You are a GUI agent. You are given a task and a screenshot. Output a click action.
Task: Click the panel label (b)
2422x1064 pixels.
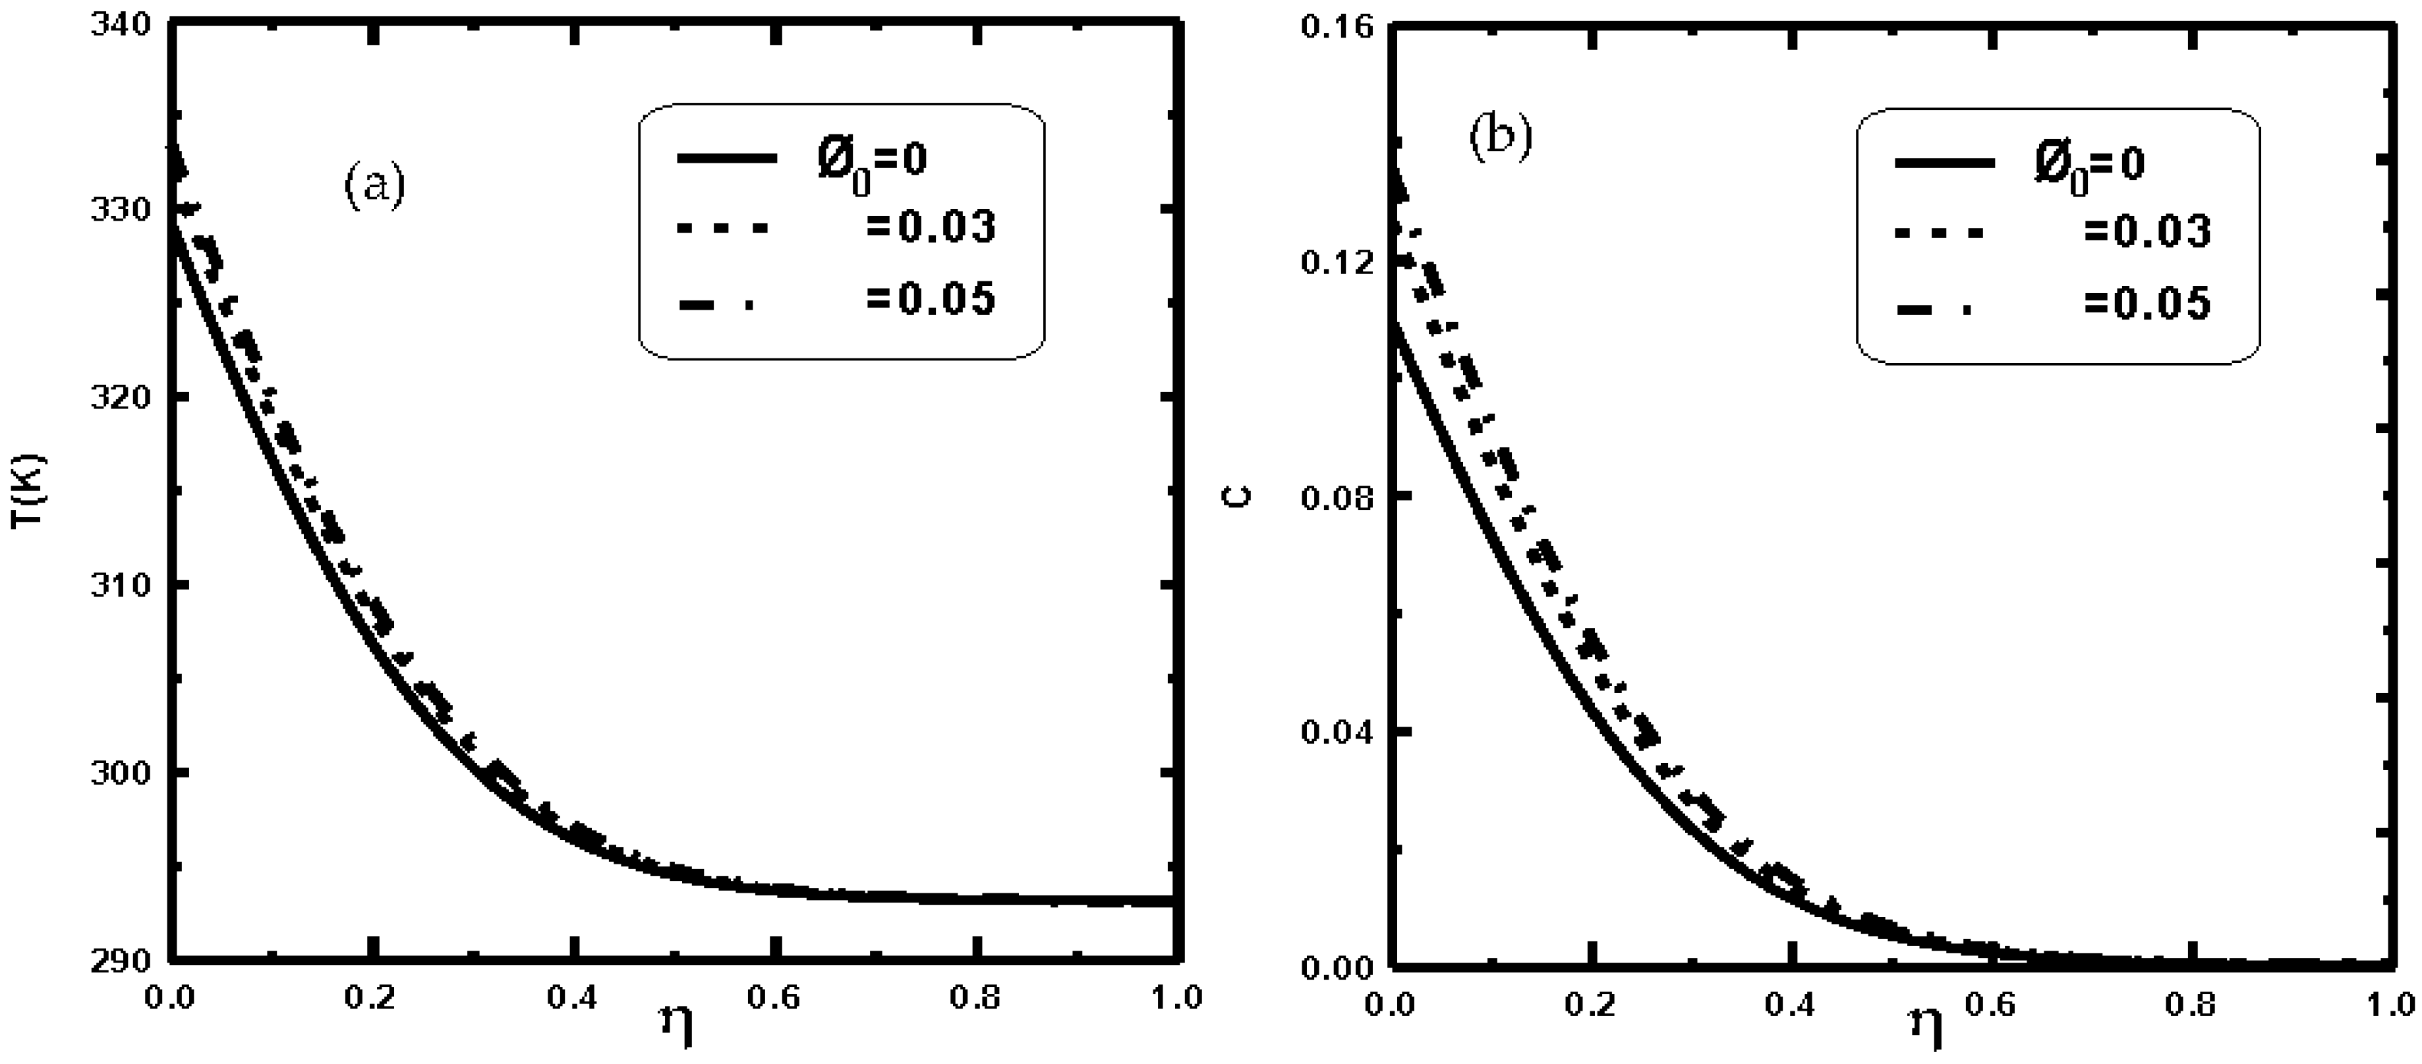point(1501,137)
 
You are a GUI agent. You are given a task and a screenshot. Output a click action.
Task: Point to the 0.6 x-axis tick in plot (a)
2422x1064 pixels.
point(775,996)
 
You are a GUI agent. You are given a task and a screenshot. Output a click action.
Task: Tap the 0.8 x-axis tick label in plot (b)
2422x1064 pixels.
point(2191,1004)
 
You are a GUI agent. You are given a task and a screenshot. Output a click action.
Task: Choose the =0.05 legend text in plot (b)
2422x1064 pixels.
point(2148,304)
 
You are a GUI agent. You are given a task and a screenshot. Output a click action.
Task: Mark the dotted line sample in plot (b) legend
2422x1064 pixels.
point(1942,231)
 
